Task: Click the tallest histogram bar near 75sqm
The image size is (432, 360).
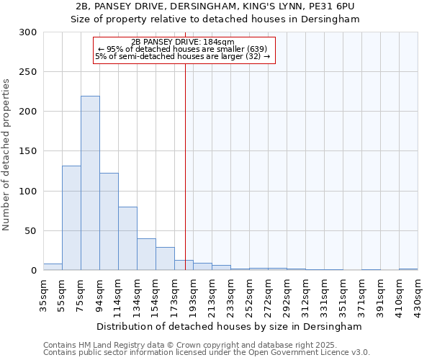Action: click(x=90, y=184)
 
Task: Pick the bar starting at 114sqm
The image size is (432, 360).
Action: click(x=127, y=238)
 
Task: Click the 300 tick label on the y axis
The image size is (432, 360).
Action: click(x=28, y=32)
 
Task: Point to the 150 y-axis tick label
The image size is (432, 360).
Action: click(x=28, y=152)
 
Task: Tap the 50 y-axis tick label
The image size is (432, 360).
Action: click(x=31, y=231)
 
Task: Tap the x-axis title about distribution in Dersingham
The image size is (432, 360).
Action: click(x=229, y=326)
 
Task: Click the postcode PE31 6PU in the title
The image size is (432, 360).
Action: click(x=335, y=6)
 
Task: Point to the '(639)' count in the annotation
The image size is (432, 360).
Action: click(x=257, y=49)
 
